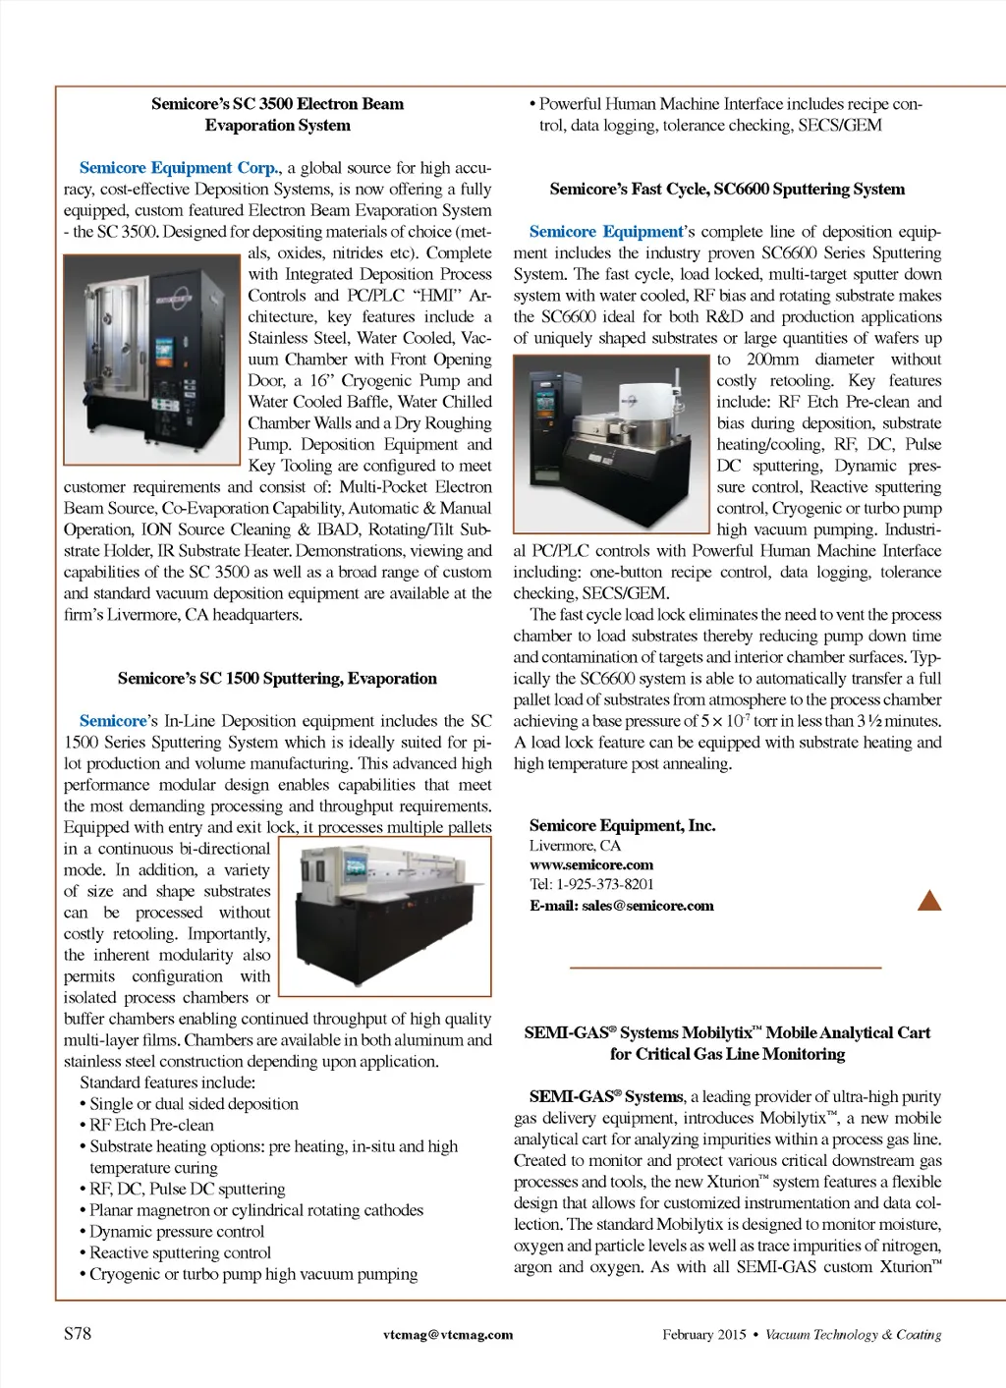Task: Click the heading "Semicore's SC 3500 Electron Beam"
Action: tap(277, 104)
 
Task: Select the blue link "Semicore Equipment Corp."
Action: tap(179, 168)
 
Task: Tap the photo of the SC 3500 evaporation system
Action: tap(151, 360)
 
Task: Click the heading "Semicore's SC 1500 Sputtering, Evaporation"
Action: tap(277, 679)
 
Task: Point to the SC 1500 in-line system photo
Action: tap(384, 916)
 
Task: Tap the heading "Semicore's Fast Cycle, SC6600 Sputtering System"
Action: tap(727, 190)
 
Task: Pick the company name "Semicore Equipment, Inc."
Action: tap(622, 826)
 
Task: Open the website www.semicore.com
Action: tap(590, 865)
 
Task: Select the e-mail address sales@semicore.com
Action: tap(647, 906)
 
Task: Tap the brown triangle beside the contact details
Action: tap(928, 900)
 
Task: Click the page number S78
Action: tap(78, 1334)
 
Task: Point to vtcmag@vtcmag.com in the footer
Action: tap(448, 1335)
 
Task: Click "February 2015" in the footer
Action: tap(703, 1335)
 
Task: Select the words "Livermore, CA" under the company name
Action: tap(575, 846)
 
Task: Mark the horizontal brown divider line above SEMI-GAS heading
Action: tap(726, 969)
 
